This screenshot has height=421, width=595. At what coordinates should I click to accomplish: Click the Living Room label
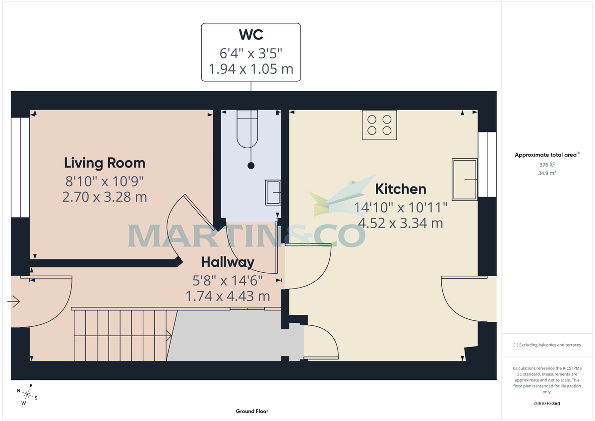[105, 163]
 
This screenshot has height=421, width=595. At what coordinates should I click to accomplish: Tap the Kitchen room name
[400, 189]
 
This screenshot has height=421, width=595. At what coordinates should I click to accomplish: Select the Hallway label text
[228, 262]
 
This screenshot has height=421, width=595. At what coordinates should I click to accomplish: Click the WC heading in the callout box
[250, 35]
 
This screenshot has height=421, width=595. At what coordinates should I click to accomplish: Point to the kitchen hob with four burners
[379, 125]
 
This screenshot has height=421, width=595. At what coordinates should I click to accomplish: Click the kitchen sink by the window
[465, 179]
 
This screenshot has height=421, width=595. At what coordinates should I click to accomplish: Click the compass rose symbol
[27, 395]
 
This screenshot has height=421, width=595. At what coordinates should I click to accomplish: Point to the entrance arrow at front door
[14, 301]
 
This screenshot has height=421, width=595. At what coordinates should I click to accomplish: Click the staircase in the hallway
[121, 336]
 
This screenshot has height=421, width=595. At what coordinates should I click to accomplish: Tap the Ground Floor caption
[252, 411]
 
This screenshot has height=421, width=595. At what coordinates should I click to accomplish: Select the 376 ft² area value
[546, 165]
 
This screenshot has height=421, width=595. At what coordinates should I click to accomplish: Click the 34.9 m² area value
[546, 173]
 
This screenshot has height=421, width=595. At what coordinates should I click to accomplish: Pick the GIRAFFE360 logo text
[546, 404]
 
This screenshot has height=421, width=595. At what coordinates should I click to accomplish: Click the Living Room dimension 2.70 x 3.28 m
[105, 197]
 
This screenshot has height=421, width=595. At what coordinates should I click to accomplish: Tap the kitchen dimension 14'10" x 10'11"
[401, 207]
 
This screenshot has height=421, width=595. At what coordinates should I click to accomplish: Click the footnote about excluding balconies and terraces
[546, 345]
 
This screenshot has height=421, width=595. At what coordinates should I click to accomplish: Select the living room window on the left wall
[20, 168]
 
